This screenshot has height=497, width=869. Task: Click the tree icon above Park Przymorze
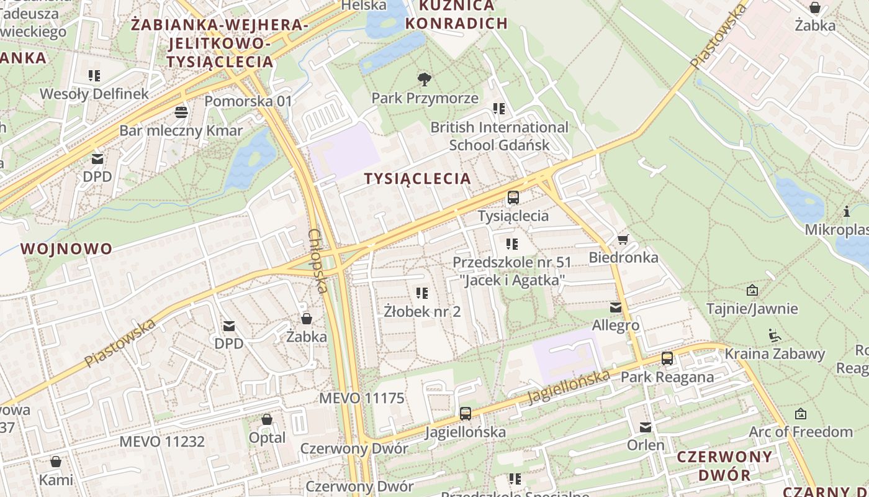(x=425, y=79)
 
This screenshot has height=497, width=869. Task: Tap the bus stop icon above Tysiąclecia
(x=513, y=198)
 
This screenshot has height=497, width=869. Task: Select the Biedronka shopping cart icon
(x=623, y=239)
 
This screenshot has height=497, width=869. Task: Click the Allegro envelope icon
(x=615, y=307)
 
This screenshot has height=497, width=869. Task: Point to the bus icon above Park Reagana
(x=667, y=358)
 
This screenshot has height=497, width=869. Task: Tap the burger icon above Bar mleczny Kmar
(x=181, y=112)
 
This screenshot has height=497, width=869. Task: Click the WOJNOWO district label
(x=66, y=249)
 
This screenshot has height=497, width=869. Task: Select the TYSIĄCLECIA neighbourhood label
(x=417, y=179)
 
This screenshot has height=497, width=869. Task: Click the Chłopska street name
(x=317, y=261)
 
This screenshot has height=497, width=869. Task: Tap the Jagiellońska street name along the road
(x=569, y=388)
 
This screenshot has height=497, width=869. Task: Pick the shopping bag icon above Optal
(x=267, y=419)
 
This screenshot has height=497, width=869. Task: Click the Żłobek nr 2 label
(x=422, y=311)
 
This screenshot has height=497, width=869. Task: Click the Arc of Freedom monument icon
(x=801, y=413)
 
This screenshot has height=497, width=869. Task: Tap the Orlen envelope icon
(x=646, y=427)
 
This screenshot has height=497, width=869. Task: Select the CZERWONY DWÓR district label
(x=724, y=466)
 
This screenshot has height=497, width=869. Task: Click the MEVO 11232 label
(x=162, y=442)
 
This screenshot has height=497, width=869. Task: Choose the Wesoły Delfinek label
(x=94, y=94)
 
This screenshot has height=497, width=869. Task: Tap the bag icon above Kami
(x=56, y=462)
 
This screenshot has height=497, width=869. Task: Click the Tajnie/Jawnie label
(x=752, y=309)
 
